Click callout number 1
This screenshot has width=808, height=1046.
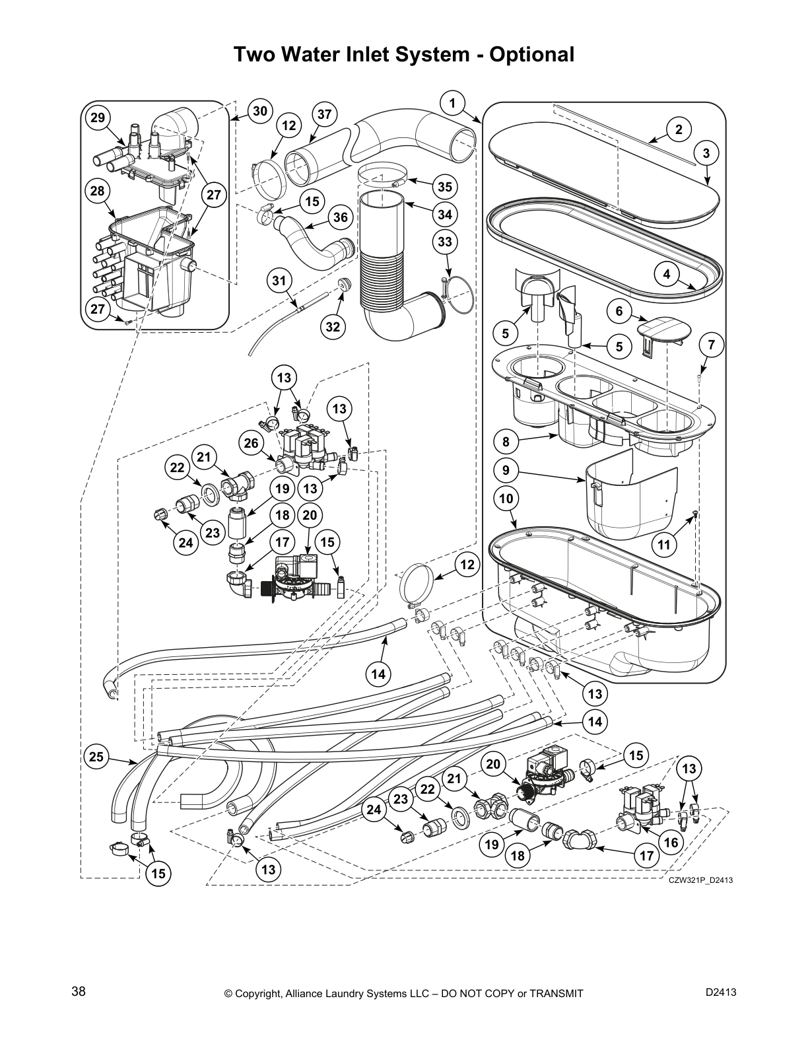point(452,103)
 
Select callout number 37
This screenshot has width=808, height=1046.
point(323,114)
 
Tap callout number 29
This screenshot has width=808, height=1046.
point(98,118)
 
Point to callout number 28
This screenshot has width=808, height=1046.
point(98,192)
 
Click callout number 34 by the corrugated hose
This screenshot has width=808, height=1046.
point(445,215)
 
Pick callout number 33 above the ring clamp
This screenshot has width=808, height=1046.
point(445,242)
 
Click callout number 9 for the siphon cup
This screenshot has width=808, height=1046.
point(506,471)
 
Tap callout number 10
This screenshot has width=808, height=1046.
point(506,499)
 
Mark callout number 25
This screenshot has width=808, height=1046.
point(96,757)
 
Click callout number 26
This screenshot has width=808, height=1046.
point(251,443)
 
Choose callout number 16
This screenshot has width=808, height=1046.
point(671,843)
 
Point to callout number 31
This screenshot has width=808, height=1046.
point(279,281)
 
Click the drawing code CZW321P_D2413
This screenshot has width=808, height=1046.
point(700,880)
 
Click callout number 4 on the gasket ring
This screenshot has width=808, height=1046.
point(667,274)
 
